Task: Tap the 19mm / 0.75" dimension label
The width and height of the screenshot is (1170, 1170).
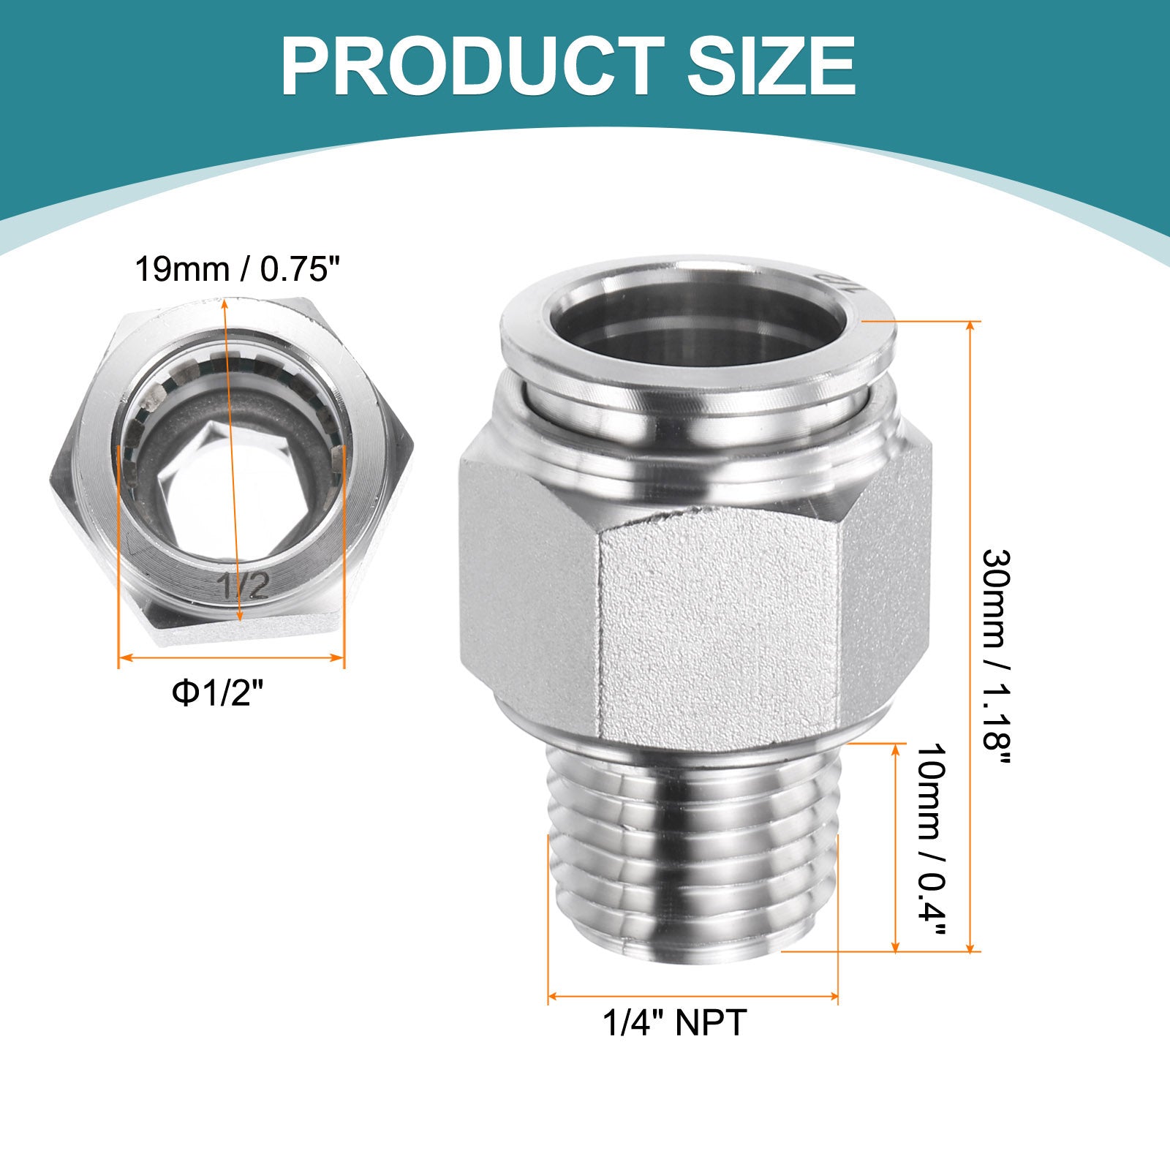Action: (238, 270)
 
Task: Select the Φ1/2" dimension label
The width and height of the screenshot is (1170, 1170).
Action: (217, 692)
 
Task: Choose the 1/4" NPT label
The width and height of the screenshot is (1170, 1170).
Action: (673, 1022)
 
